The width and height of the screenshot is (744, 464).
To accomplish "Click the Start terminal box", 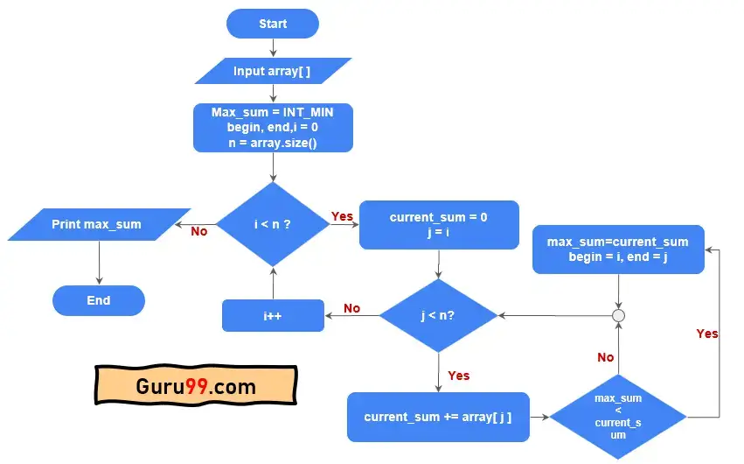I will click(273, 24).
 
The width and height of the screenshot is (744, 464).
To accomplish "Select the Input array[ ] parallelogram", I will click(273, 71).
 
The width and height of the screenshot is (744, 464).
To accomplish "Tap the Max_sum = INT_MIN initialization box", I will click(273, 127).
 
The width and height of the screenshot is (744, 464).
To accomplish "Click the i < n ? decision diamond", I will click(273, 224).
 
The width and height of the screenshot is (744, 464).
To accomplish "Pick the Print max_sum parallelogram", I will click(98, 224).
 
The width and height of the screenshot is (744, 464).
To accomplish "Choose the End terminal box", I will click(99, 300).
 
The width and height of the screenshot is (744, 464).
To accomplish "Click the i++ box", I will click(273, 315).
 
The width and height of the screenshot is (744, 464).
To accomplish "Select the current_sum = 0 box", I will click(439, 225).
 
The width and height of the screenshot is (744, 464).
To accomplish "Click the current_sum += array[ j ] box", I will click(438, 417).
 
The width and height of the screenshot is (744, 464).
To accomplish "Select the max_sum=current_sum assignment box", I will click(618, 249).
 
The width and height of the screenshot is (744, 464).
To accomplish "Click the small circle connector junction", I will click(618, 315).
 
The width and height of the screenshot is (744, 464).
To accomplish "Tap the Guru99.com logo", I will click(196, 386).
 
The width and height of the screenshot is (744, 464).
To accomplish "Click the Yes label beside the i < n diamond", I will click(342, 215).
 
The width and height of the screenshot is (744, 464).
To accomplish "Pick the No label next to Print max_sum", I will click(199, 232).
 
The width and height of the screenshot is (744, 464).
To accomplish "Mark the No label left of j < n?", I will click(351, 308).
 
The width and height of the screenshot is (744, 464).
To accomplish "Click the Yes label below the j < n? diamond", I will click(458, 376).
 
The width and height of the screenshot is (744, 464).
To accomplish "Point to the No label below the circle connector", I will click(605, 357).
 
